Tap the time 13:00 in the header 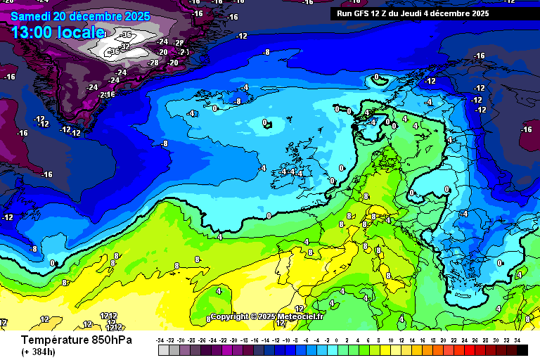click(33, 32)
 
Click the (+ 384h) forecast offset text click(39, 352)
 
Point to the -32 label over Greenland click(124, 47)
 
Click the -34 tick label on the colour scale click(161, 340)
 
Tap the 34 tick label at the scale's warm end click(517, 340)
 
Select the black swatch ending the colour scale click(522, 349)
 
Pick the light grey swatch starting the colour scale click(163, 349)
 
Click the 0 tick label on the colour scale click(338, 340)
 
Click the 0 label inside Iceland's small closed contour click(265, 123)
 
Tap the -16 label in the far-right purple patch click(526, 129)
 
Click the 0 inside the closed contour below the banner click(377, 77)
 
